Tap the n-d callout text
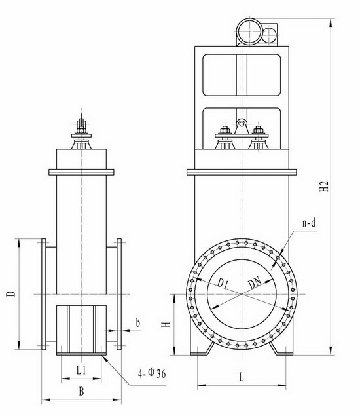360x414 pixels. pyautogui.click(x=308, y=223)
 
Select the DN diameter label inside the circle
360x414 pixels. pyautogui.click(x=255, y=283)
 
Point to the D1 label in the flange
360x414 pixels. pyautogui.click(x=223, y=283)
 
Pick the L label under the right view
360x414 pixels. pyautogui.click(x=242, y=377)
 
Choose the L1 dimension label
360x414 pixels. pyautogui.click(x=81, y=370)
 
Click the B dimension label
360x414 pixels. pyautogui.click(x=81, y=392)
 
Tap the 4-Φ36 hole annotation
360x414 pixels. pyautogui.click(x=152, y=373)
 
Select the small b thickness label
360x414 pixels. pyautogui.click(x=137, y=323)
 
